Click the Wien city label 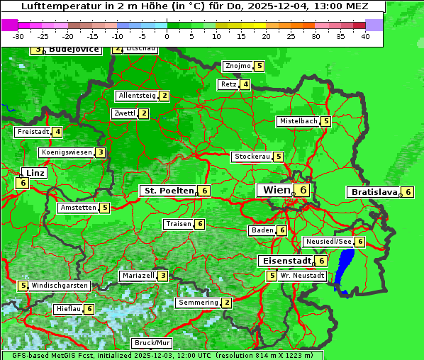click(276, 190)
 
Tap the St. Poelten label click(168, 191)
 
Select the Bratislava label click(373, 192)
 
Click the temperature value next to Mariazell click(163, 276)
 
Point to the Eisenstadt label click(284, 261)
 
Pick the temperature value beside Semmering click(226, 303)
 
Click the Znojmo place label click(238, 66)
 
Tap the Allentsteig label click(137, 96)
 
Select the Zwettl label click(124, 113)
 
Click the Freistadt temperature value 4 click(57, 132)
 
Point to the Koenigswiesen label click(67, 152)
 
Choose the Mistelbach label click(298, 121)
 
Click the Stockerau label click(252, 157)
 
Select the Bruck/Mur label click(152, 343)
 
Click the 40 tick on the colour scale click(364, 36)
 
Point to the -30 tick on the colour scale click(18, 36)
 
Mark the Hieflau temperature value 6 click(89, 309)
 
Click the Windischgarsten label click(60, 285)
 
